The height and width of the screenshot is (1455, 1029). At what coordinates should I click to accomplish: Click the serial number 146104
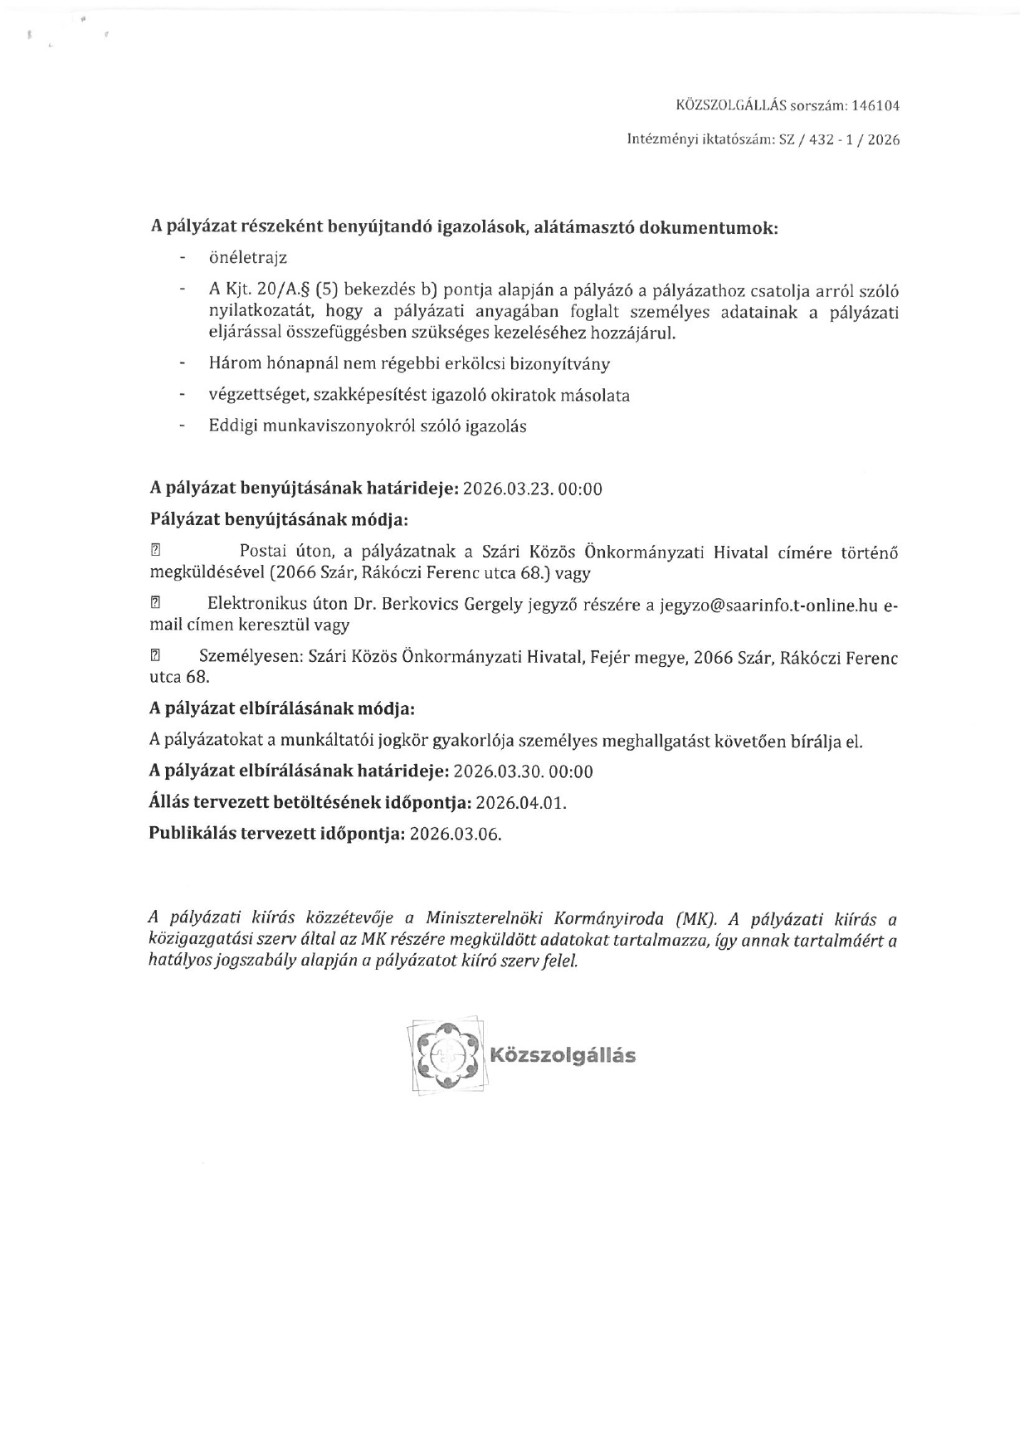pyautogui.click(x=875, y=106)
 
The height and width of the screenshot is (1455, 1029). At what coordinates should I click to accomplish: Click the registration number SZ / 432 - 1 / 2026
pyautogui.click(x=838, y=140)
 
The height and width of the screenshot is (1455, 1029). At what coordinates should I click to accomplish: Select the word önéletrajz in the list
pyautogui.click(x=247, y=258)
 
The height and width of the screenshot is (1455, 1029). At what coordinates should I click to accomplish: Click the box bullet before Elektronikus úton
pyautogui.click(x=155, y=606)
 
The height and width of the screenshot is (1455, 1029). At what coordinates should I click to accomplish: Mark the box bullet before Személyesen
pyautogui.click(x=155, y=656)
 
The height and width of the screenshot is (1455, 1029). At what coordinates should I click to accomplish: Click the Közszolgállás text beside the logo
pyautogui.click(x=563, y=1056)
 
